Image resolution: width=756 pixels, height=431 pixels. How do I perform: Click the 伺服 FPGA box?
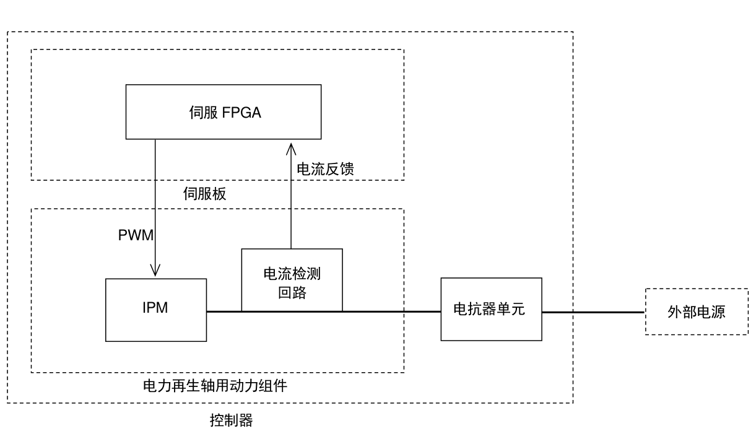point(224,111)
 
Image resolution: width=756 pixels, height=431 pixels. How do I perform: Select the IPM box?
point(156,310)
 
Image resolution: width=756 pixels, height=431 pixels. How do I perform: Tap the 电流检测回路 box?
point(292,280)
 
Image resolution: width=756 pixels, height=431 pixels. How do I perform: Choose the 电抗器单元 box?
point(492,309)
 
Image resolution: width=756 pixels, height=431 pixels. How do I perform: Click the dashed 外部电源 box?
point(697,311)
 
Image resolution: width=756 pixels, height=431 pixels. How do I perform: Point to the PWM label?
point(136,235)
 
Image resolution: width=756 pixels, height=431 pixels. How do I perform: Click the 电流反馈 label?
point(325,169)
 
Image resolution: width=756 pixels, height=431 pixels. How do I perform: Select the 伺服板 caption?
point(204,194)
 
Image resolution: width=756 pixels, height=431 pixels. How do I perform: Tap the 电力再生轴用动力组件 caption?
point(215,385)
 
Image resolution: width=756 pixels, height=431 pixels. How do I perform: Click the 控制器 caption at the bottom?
point(231,420)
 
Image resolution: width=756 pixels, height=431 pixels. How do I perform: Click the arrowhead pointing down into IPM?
point(155,270)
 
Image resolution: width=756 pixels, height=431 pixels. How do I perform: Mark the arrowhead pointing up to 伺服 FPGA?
point(291,149)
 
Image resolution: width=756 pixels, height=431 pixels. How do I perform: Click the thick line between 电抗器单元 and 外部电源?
point(594,312)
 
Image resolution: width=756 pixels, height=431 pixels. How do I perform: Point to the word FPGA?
point(241,112)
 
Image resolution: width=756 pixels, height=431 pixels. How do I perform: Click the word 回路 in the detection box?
point(292,292)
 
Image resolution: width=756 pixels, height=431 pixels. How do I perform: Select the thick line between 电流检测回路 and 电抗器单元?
point(392,311)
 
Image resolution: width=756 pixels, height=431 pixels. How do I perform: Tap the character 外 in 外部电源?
point(675,312)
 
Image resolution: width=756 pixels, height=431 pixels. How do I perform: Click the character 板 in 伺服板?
point(219,194)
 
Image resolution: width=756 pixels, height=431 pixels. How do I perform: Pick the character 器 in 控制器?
point(246,420)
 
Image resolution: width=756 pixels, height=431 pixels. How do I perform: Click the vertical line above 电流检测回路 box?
point(291,196)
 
